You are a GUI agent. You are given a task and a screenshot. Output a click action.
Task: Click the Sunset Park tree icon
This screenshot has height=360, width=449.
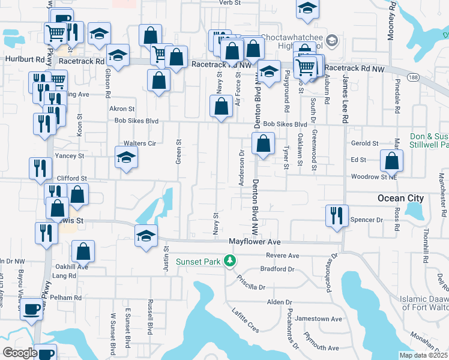229,260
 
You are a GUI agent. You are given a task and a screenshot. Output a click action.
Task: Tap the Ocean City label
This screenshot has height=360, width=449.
400,198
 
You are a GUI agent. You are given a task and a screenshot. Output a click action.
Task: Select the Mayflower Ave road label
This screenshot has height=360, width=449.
255,242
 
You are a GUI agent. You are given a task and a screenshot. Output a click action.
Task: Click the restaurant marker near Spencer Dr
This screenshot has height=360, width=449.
335,215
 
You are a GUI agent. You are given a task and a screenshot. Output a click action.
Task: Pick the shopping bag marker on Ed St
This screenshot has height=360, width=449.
391,160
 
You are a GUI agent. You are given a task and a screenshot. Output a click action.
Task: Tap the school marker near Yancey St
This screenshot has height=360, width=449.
126,157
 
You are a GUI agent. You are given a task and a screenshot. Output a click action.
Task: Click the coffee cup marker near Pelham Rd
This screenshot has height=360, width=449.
31,310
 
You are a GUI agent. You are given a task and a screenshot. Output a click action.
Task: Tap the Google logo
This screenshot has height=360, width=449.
20,353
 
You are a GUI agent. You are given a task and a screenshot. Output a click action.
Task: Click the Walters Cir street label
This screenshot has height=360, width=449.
139,143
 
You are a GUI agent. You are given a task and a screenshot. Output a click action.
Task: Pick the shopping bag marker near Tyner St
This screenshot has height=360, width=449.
263,143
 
